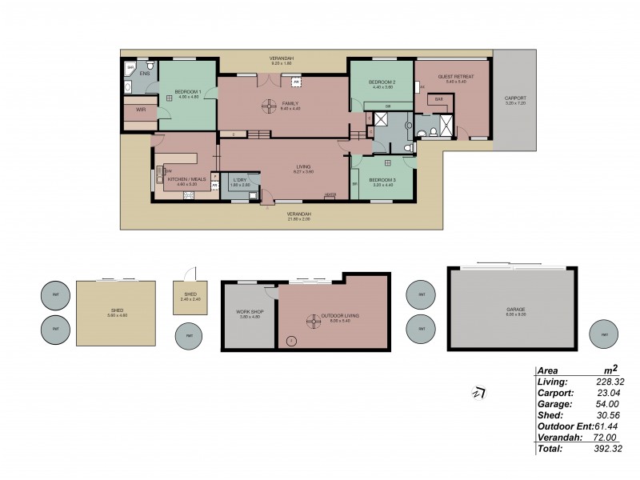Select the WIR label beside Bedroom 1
(x=141, y=110)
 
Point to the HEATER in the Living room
(x=330, y=195)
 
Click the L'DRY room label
(x=240, y=180)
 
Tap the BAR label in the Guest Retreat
(x=438, y=100)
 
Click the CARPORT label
(x=515, y=98)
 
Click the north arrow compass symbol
(x=481, y=392)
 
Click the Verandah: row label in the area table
(x=558, y=438)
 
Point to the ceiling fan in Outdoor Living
(x=310, y=322)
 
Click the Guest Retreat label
(x=456, y=77)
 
